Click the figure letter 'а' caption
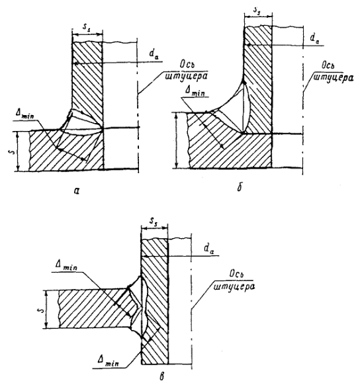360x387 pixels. (77, 191)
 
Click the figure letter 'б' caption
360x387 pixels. (240, 188)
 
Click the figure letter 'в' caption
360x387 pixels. (161, 376)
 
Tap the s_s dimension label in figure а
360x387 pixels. (87, 28)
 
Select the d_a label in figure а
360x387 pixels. (154, 55)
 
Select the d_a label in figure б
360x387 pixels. (314, 38)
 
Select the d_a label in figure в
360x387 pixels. (209, 249)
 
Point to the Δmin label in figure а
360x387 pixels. (24, 114)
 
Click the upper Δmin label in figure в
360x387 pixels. (67, 267)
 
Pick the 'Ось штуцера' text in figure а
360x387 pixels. (187, 71)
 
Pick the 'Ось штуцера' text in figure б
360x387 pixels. (334, 71)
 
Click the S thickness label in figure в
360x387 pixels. (42, 309)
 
